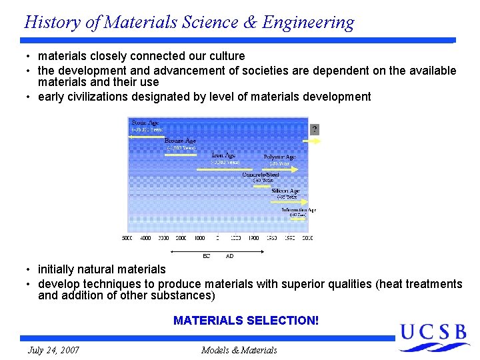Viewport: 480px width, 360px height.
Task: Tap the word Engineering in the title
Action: (308, 22)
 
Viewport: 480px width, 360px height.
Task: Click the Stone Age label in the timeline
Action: (145, 123)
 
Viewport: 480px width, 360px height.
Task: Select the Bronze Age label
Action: (180, 141)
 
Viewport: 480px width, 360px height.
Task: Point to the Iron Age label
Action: (224, 155)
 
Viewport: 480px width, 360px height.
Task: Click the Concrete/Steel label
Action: (261, 175)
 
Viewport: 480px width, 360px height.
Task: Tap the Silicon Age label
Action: (286, 191)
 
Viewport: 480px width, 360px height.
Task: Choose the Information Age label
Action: (298, 209)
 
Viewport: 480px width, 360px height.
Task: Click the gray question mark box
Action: (315, 129)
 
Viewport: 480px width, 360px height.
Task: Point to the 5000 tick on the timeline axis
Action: (127, 238)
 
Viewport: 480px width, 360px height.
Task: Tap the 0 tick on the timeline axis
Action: (217, 238)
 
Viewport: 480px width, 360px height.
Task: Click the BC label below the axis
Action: (207, 256)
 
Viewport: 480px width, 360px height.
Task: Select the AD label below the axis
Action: (230, 256)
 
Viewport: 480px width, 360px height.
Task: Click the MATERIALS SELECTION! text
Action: (246, 321)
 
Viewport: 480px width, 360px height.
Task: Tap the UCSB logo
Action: (435, 336)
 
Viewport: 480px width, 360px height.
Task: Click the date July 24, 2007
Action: (53, 350)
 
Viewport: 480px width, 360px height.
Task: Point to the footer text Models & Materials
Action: (239, 350)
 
